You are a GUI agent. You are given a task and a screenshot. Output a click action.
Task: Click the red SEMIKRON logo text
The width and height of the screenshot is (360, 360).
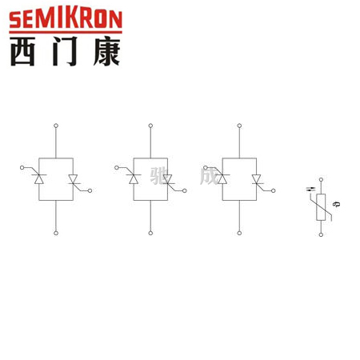(66, 19)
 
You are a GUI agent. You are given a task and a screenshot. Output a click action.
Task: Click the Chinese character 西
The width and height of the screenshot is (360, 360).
(23, 51)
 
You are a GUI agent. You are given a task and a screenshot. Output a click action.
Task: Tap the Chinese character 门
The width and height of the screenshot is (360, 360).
(65, 51)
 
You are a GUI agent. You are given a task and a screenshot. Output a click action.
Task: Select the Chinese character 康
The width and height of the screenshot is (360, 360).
(107, 51)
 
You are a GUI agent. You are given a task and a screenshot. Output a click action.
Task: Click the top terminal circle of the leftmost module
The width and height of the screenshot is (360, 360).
(56, 126)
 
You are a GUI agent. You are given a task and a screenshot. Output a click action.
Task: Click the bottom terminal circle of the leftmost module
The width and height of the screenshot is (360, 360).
(56, 233)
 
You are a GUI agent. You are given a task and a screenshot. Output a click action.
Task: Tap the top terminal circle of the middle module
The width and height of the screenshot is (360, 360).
(150, 126)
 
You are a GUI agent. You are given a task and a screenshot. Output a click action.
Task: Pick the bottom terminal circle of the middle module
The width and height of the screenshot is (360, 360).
(150, 233)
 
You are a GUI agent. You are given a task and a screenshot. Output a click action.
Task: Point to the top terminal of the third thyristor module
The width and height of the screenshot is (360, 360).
(239, 126)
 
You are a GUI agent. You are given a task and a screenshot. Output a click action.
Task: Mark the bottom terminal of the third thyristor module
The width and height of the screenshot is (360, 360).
(239, 233)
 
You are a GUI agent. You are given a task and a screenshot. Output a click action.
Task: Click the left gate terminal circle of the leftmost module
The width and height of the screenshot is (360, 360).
(22, 167)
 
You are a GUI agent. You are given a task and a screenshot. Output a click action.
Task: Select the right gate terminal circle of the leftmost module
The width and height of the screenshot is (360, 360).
(90, 190)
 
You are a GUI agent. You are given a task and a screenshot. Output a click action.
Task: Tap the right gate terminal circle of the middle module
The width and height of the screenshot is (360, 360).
(184, 190)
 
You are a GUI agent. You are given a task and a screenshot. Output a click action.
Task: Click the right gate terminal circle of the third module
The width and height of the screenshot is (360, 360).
(273, 190)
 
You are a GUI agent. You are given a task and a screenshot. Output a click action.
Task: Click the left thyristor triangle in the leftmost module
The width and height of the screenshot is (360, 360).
(39, 179)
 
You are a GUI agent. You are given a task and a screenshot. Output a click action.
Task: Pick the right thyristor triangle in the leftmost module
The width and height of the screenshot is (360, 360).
(73, 179)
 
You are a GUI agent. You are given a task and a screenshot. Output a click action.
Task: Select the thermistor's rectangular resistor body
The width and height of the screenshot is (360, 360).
(321, 207)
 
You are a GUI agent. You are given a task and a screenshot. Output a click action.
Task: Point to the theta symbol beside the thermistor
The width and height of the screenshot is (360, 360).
(338, 204)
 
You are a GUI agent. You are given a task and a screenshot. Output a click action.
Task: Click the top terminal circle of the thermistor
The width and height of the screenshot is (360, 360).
(321, 180)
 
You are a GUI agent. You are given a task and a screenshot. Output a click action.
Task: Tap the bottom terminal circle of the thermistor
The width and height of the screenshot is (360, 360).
(321, 234)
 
